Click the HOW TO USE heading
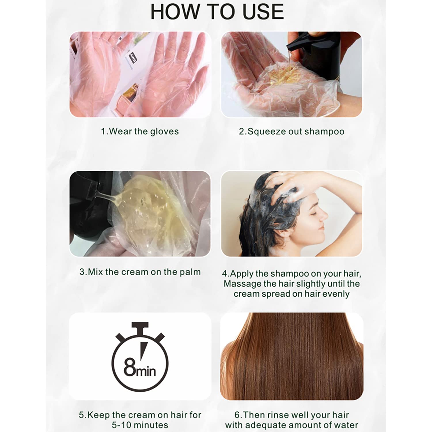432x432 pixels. tap(217, 12)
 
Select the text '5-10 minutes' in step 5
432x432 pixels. tap(140, 425)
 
